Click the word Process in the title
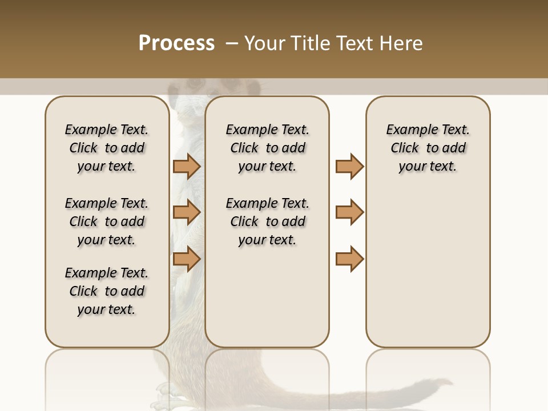[176, 43]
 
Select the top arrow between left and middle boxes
[187, 166]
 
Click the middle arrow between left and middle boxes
[187, 212]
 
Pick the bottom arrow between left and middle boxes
[187, 259]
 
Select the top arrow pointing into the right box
[349, 166]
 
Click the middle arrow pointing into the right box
[349, 212]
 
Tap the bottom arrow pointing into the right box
[349, 259]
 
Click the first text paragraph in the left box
[107, 148]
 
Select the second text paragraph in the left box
[107, 221]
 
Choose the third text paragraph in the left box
[107, 291]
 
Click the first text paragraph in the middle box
[267, 148]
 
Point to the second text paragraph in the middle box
[267, 221]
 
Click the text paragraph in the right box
[428, 148]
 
